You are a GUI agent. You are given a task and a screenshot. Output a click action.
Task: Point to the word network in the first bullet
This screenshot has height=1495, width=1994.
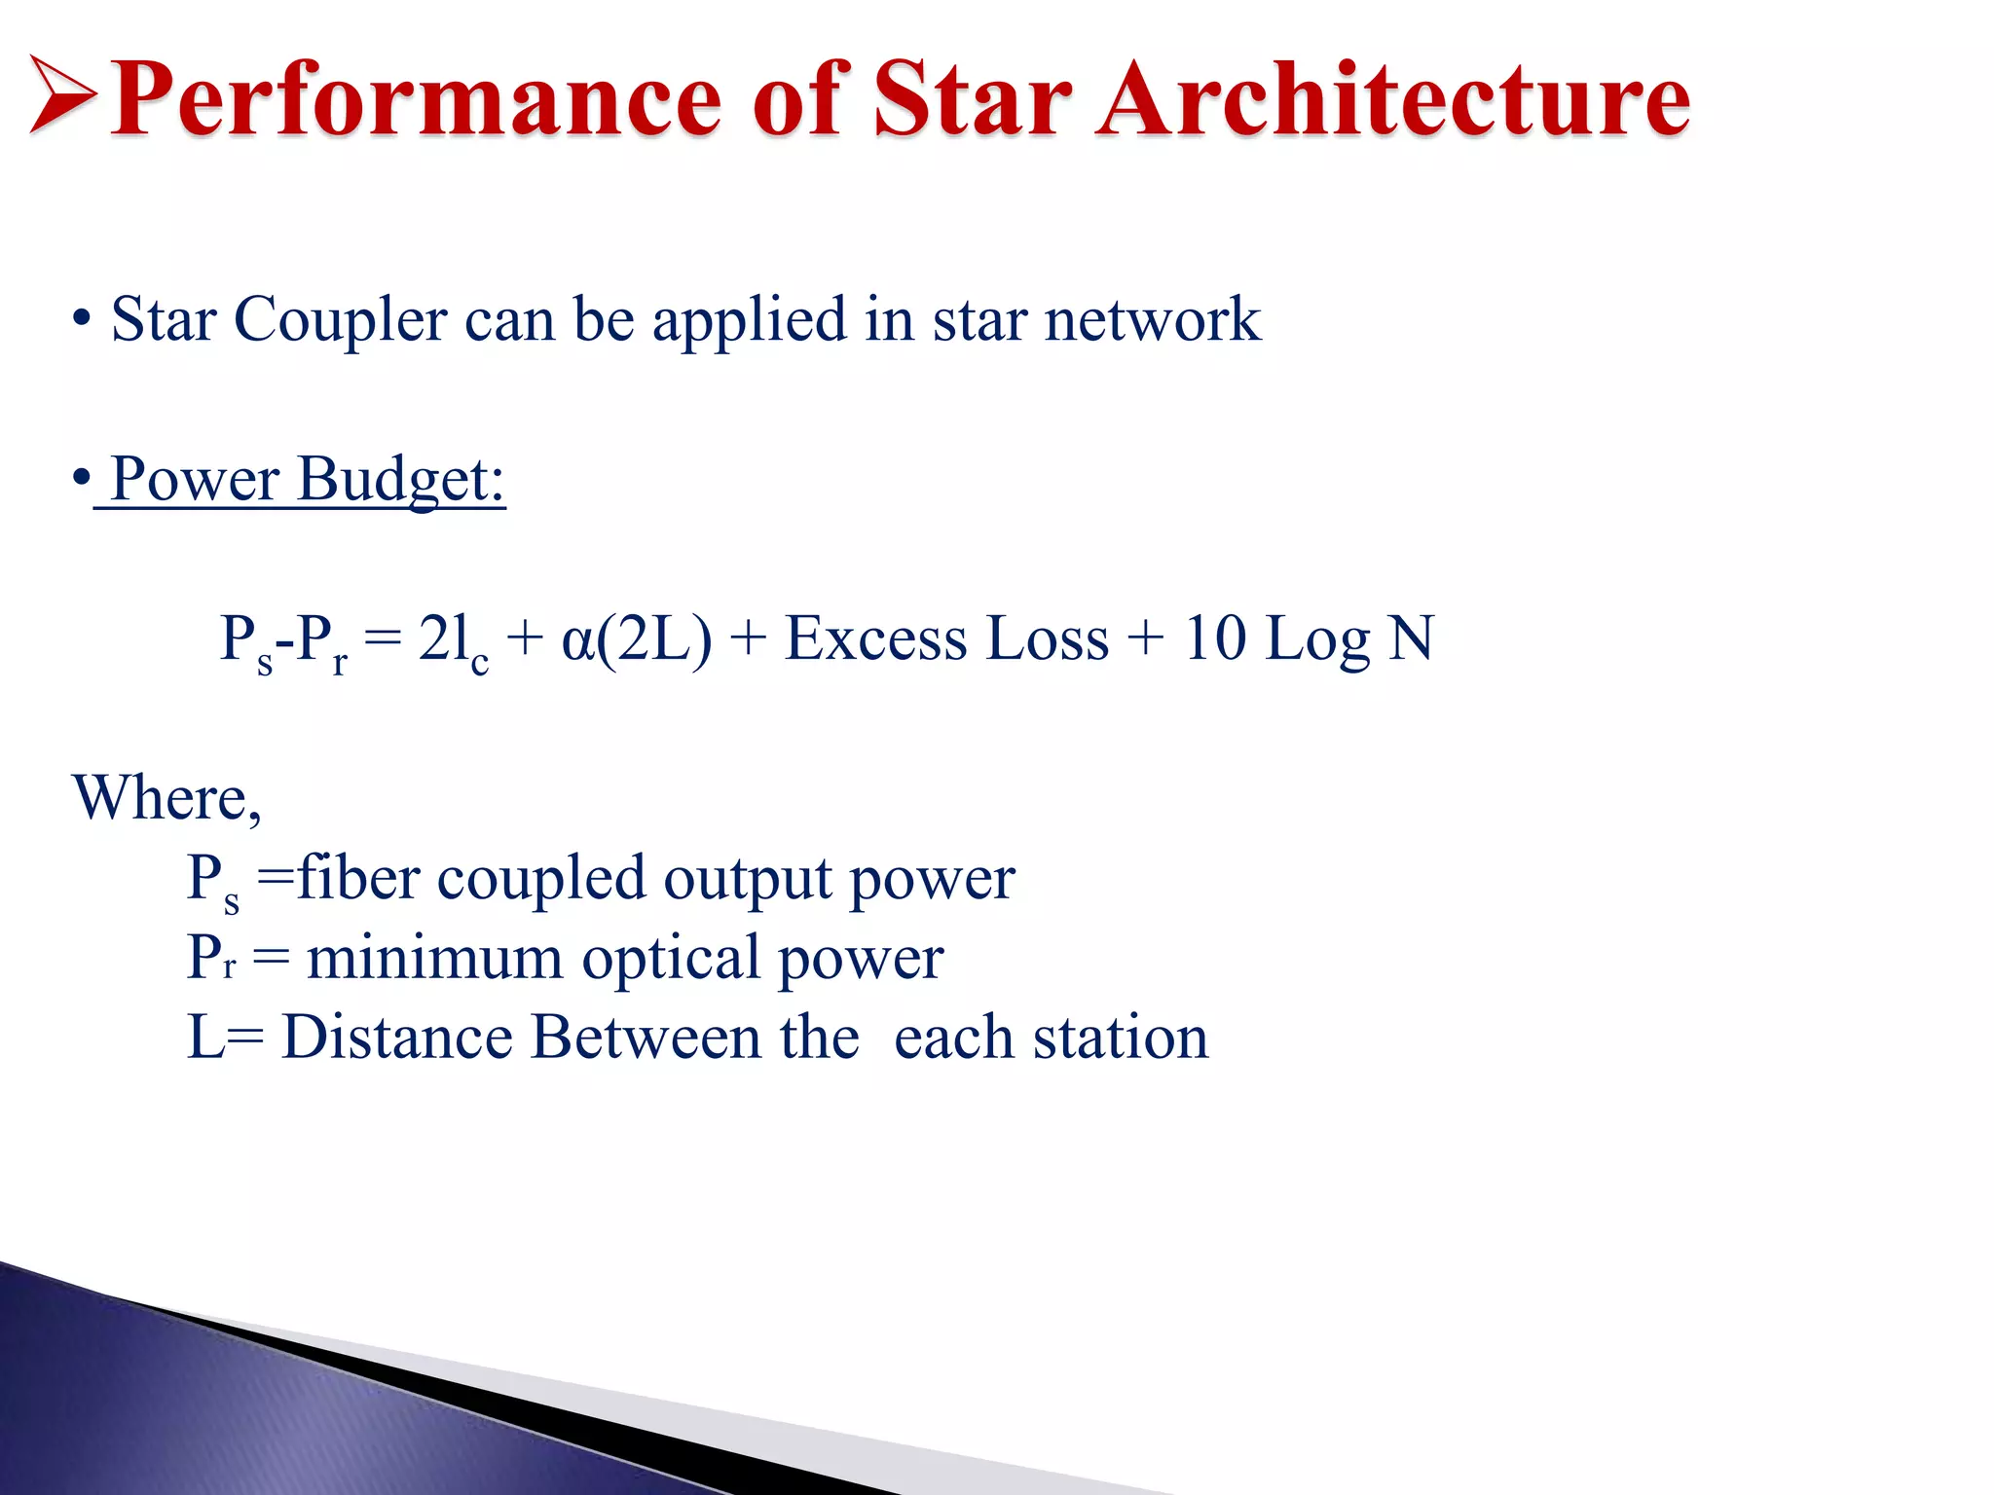(1152, 321)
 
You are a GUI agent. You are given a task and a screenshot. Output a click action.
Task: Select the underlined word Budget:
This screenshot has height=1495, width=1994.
(401, 480)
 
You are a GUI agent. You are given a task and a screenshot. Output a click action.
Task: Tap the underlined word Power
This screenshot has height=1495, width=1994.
(195, 480)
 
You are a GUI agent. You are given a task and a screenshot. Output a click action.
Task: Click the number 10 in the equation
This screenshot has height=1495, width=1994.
(1214, 639)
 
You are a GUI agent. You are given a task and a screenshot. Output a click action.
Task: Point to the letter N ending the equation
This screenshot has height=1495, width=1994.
(1411, 639)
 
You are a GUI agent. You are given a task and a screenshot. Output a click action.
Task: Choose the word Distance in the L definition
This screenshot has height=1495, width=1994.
(396, 1038)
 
